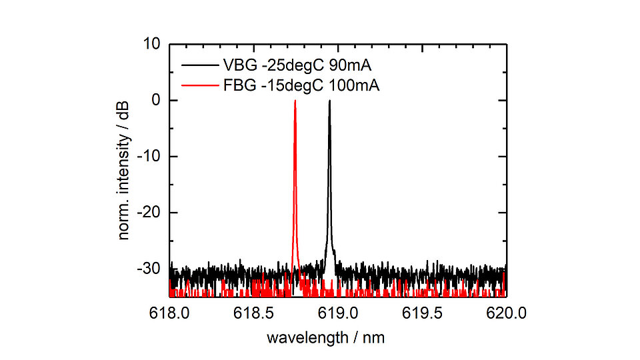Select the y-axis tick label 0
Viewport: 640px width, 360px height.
coord(155,100)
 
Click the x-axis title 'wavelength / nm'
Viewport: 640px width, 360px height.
coord(325,337)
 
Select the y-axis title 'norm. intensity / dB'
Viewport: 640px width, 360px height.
coord(125,170)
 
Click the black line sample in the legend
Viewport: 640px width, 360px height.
coord(198,66)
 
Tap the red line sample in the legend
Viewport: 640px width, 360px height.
coord(198,85)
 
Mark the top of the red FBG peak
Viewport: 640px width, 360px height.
coord(295,101)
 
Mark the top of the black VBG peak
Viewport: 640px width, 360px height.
coord(329,101)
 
